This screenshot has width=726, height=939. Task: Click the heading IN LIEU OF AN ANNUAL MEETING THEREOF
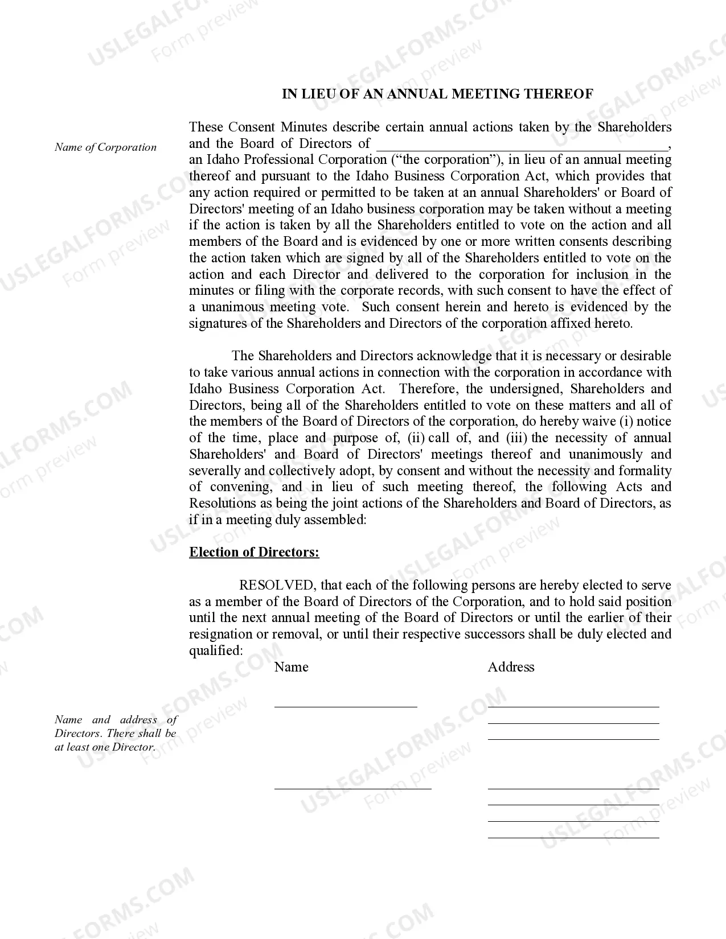coord(437,94)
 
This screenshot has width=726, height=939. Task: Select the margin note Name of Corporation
coord(105,147)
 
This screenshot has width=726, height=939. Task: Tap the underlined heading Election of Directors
coord(254,552)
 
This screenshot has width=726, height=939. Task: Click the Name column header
coord(291,667)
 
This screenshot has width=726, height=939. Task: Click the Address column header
coord(511,667)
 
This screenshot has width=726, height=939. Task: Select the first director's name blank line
coord(346,706)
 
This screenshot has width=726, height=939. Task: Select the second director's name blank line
coord(352,788)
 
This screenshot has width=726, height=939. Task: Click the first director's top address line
coord(573,706)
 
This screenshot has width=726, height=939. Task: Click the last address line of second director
coord(573,837)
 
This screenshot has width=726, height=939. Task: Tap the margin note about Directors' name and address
coord(116,733)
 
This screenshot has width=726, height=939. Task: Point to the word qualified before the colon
coord(215,650)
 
